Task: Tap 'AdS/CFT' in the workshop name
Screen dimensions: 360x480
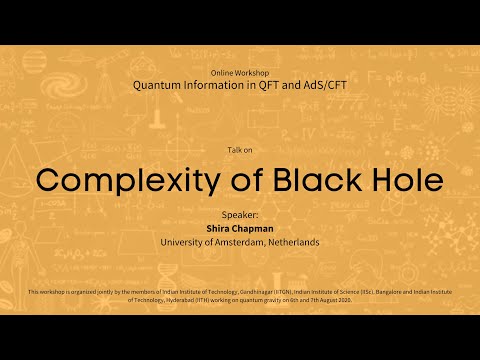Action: pyautogui.click(x=322, y=86)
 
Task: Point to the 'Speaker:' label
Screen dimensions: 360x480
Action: pyautogui.click(x=239, y=214)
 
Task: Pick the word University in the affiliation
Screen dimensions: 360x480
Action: pyautogui.click(x=184, y=241)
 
